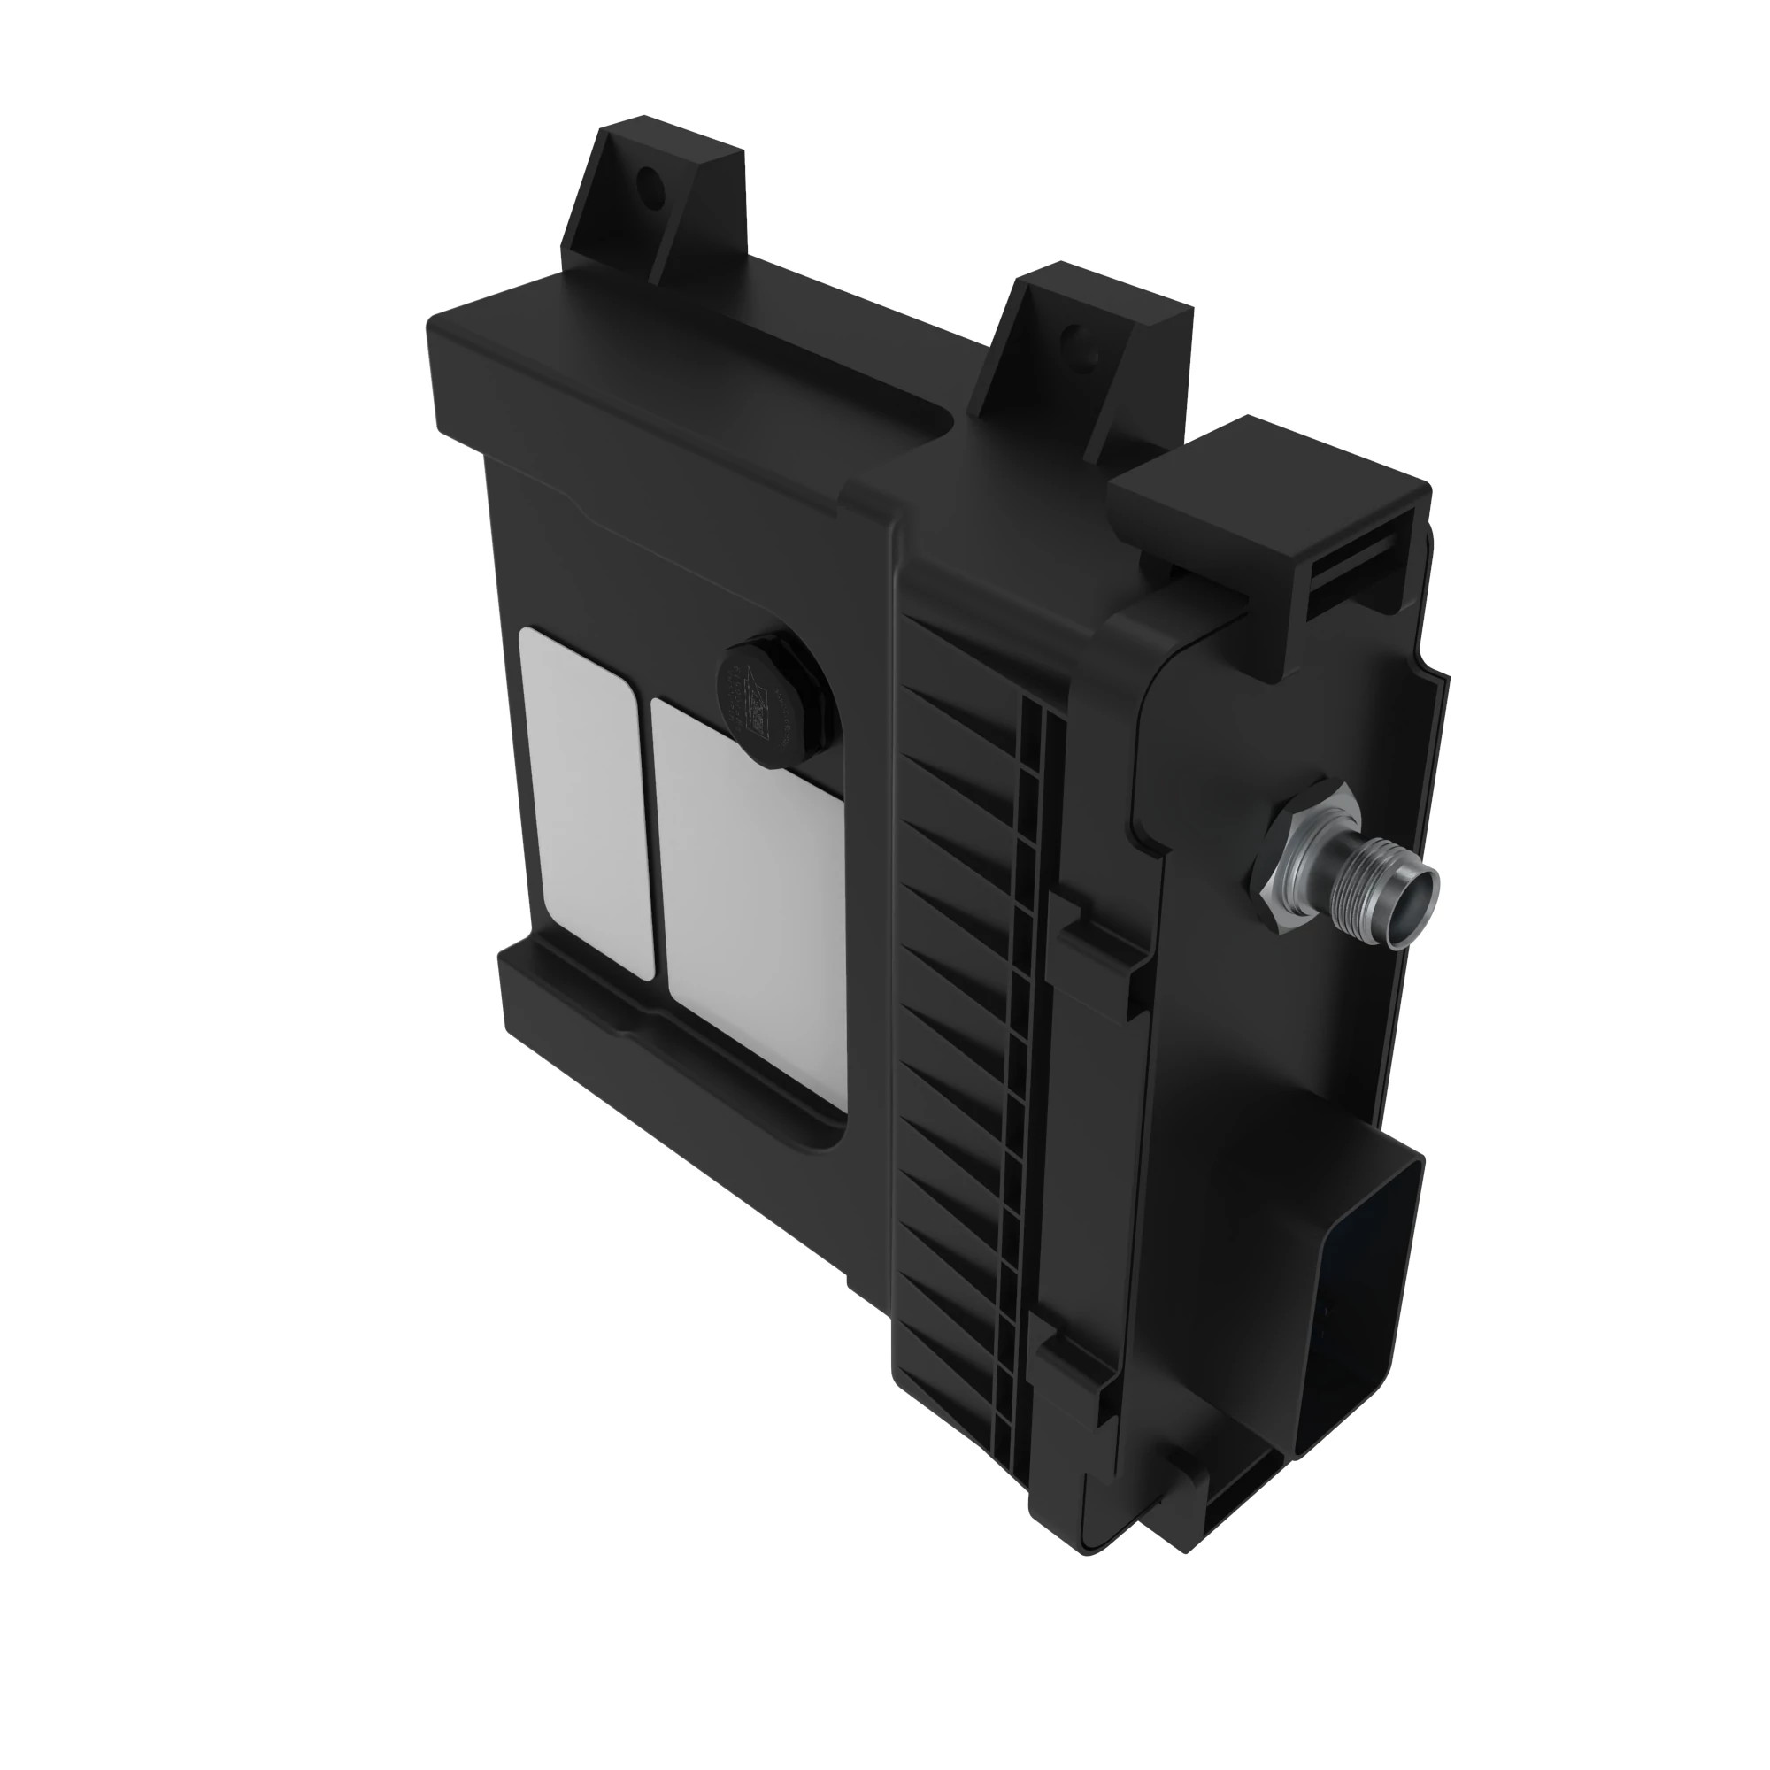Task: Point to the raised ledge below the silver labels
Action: pyautogui.click(x=659, y=1035)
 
